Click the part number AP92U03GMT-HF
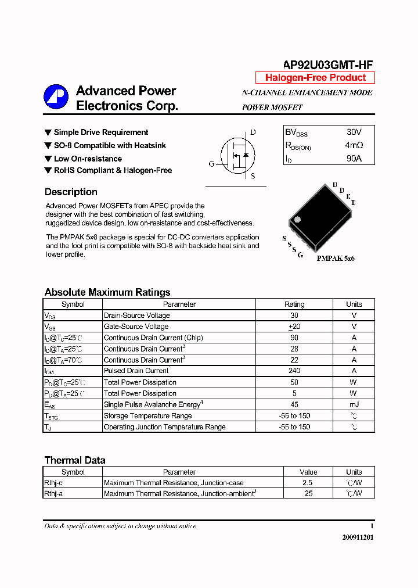327,65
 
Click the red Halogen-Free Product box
315,78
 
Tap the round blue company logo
56,97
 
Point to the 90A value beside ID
354,158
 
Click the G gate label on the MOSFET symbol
211,164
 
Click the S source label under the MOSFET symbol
253,176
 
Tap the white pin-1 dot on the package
297,220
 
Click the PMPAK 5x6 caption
336,258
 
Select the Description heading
71,192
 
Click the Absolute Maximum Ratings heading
107,292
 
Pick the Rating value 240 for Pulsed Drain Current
294,371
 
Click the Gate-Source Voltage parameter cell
136,327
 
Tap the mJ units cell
354,404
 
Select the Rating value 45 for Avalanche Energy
294,404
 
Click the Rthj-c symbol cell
53,483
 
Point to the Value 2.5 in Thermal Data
308,483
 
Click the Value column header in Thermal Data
308,472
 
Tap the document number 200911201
358,537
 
